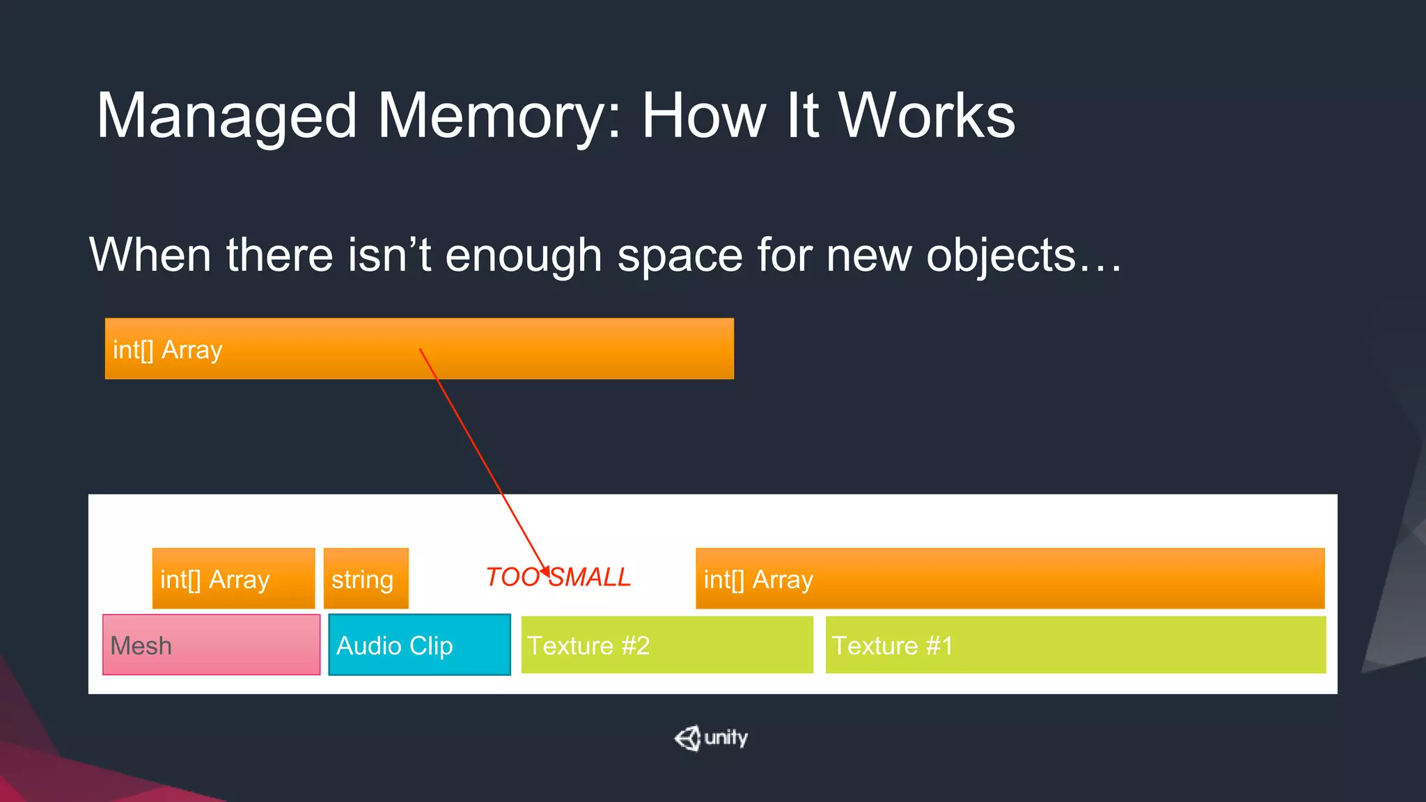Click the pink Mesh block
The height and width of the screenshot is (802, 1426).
click(x=211, y=645)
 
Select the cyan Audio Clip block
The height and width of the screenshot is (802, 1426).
click(x=419, y=645)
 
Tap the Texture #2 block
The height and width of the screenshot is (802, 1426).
click(x=666, y=645)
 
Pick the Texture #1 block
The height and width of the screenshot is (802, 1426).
click(x=1075, y=645)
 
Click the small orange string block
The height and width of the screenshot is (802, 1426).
click(x=366, y=579)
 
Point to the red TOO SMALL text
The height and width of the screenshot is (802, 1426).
click(x=558, y=577)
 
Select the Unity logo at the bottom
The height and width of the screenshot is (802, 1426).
click(x=711, y=738)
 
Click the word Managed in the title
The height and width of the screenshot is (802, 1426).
click(x=226, y=117)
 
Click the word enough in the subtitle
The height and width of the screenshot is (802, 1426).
click(x=523, y=256)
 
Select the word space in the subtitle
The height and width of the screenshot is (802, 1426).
click(x=679, y=256)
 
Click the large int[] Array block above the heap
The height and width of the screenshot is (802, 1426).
click(x=419, y=349)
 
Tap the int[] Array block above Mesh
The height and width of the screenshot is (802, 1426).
click(x=233, y=579)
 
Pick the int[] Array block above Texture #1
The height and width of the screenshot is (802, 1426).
click(x=1010, y=579)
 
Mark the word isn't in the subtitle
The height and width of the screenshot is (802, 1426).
click(x=389, y=255)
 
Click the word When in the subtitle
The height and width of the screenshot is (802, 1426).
click(x=150, y=255)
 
